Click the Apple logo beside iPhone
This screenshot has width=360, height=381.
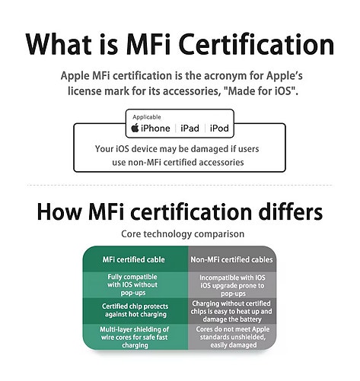point(135,128)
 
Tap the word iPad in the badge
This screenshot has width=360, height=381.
point(190,129)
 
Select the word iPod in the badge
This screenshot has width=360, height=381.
point(219,129)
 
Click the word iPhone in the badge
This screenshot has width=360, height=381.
point(155,129)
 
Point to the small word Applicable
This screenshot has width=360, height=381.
point(147,117)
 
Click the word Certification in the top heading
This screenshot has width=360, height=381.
point(256,44)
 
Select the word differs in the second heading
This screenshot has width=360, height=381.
point(290,211)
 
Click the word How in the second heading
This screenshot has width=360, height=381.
point(59,212)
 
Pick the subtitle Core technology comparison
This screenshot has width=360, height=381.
point(183,233)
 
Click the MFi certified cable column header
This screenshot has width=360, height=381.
point(134,259)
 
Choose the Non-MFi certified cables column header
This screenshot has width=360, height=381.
point(231,259)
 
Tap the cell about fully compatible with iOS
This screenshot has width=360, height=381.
point(132,284)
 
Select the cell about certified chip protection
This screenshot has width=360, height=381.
point(135,310)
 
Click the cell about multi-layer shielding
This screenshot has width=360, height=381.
point(135,337)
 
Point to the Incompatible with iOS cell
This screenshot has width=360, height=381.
point(233,286)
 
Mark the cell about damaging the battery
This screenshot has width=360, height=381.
point(231,311)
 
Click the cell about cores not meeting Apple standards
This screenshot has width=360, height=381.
point(233,337)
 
